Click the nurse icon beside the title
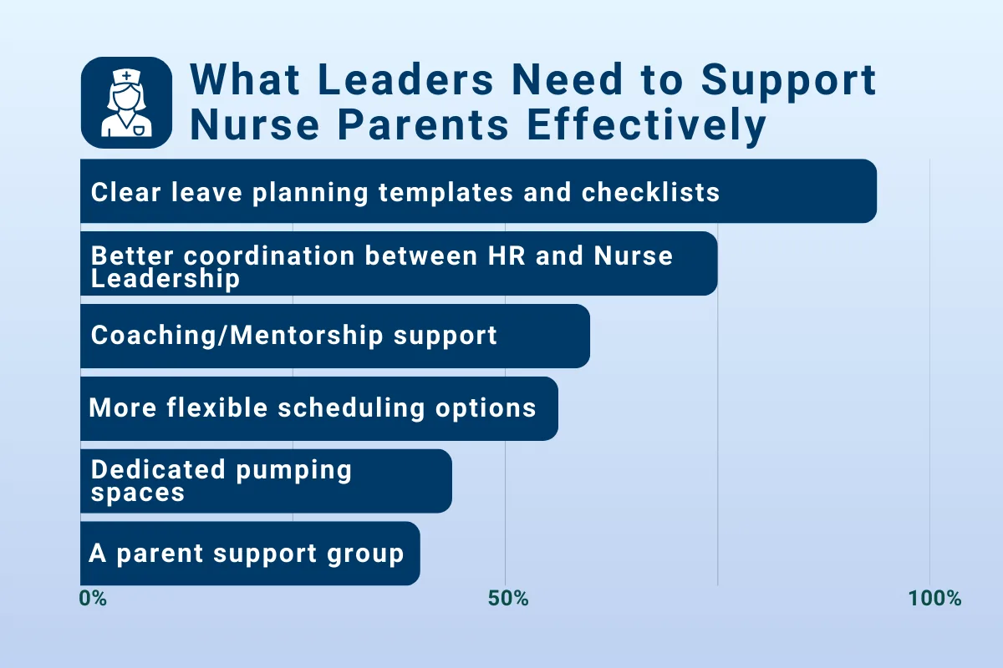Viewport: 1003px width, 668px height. click(x=126, y=103)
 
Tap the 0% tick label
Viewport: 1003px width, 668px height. click(x=92, y=599)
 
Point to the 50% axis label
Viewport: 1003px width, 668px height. click(x=508, y=599)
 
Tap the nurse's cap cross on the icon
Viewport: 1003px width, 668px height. click(x=127, y=77)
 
